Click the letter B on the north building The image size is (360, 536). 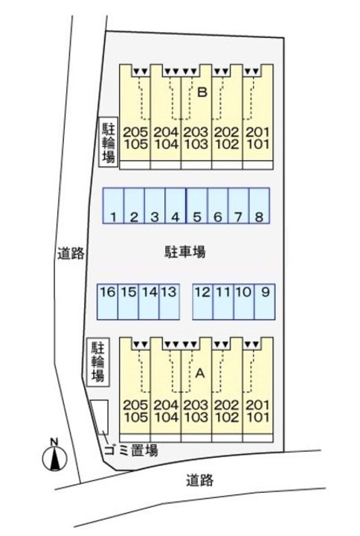201,92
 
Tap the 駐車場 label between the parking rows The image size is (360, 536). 184,252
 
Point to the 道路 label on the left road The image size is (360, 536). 71,253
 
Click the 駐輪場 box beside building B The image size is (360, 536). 108,141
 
